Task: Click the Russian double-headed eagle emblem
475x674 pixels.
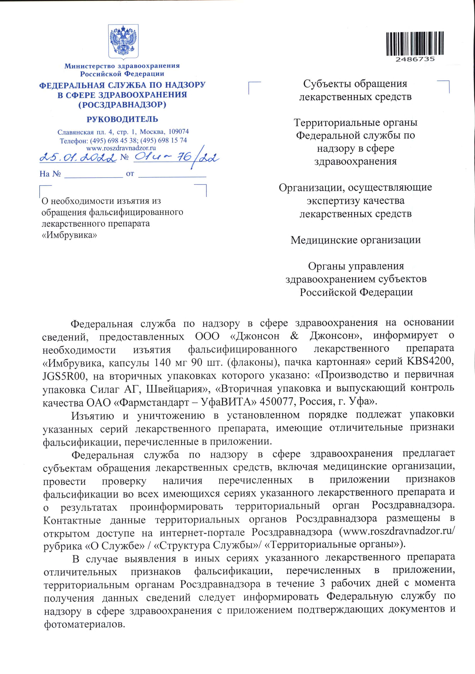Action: [123, 41]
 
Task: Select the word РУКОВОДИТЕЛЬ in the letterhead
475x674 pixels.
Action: [122, 119]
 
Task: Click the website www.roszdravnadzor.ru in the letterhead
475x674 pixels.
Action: [121, 148]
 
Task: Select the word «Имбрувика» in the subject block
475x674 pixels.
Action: [69, 235]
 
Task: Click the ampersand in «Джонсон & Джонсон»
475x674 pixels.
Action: [294, 336]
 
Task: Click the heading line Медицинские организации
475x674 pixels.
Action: [356, 240]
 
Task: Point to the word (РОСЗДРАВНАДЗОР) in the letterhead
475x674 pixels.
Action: [122, 105]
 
